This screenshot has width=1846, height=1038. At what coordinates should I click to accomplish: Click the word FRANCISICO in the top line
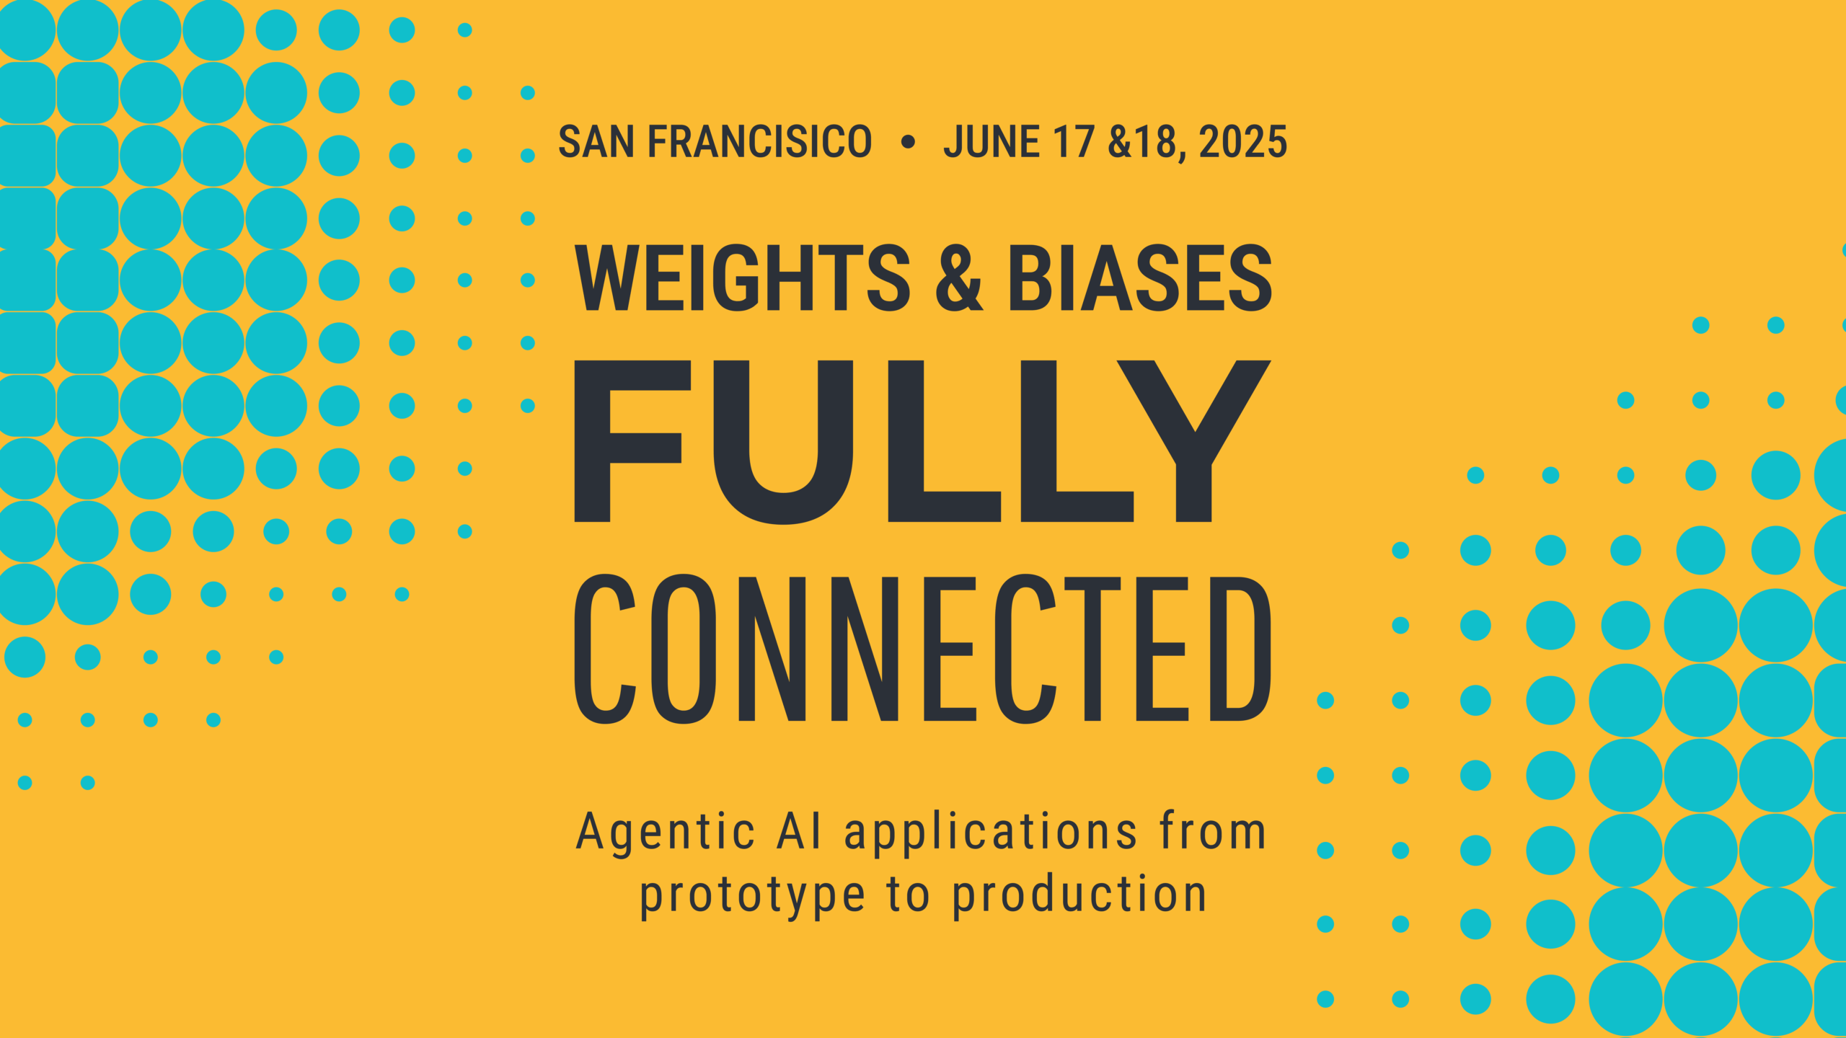[760, 141]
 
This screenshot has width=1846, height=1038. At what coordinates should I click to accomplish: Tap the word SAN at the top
[596, 141]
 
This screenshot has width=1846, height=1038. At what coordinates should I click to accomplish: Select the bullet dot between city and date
[908, 142]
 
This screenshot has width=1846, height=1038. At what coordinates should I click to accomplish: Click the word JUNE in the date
[992, 141]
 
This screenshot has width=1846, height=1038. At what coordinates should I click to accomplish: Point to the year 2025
[1243, 141]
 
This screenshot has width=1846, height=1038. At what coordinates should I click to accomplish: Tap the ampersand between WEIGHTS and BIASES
[959, 278]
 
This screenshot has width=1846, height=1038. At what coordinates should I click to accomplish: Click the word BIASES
[1141, 278]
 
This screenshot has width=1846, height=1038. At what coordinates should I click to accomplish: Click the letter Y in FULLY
[1194, 440]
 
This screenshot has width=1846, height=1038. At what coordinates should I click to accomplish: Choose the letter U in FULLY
[783, 442]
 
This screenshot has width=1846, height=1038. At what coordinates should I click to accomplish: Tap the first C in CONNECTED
[605, 648]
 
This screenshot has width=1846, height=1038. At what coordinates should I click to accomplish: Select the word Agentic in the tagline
[665, 833]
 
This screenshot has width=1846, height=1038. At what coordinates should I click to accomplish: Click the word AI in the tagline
[799, 830]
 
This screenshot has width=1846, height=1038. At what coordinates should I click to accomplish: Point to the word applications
[991, 833]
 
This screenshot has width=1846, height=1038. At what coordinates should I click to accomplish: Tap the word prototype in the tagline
[753, 897]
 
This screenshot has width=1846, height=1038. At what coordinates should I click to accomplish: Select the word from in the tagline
[1213, 830]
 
